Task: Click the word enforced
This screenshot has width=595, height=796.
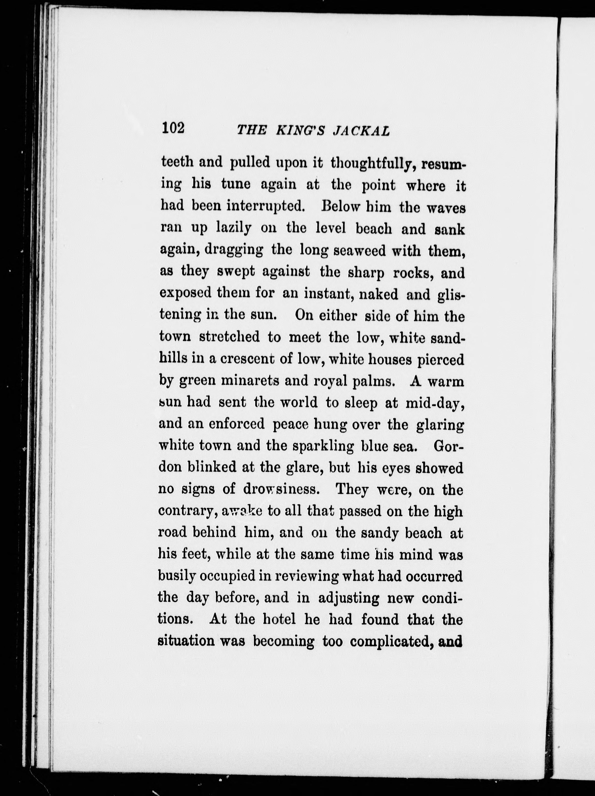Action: [x=236, y=425]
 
